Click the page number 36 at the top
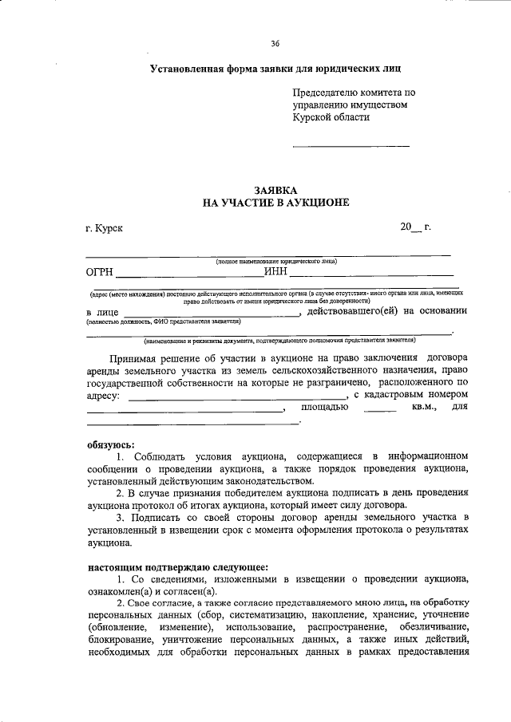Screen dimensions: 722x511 (x=275, y=43)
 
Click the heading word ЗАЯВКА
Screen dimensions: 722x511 (x=275, y=191)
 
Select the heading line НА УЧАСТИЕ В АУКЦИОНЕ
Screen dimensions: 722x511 (x=275, y=203)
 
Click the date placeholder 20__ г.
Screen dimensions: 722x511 (x=415, y=228)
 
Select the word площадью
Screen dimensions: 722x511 (x=324, y=407)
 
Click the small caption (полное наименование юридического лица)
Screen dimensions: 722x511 (x=275, y=261)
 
